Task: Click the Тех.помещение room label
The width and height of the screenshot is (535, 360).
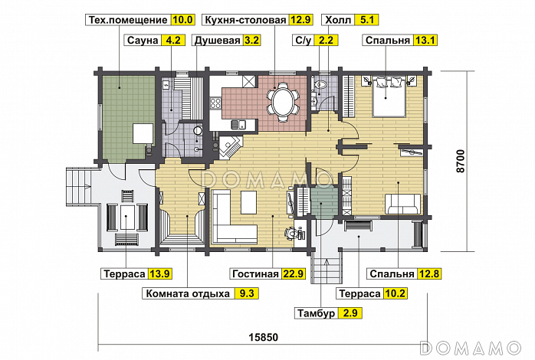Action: click(x=128, y=20)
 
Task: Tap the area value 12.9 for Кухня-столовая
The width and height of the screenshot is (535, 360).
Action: click(x=300, y=20)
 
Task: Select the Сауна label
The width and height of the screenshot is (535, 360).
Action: click(x=143, y=41)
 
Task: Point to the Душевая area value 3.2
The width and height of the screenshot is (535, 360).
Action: click(x=252, y=41)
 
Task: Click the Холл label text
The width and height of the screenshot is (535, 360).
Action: click(x=338, y=20)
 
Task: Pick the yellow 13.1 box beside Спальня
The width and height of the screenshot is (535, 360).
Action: click(x=425, y=41)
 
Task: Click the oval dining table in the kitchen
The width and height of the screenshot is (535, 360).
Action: click(x=283, y=101)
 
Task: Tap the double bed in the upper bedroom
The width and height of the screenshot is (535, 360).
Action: click(x=389, y=97)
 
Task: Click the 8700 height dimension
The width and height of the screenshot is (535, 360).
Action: click(x=461, y=161)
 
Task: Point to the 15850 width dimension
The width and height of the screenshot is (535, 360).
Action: click(x=263, y=337)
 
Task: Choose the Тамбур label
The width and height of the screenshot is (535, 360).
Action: click(x=317, y=313)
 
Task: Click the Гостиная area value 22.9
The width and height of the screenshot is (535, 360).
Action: click(x=293, y=273)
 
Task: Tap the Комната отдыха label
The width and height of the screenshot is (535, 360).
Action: click(x=188, y=293)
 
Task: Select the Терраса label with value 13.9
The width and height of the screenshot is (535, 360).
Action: click(x=124, y=273)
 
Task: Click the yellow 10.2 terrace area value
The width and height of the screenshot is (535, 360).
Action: click(x=395, y=293)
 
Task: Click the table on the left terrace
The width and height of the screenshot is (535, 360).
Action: click(x=127, y=217)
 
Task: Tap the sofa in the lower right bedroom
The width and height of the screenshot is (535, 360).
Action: click(x=402, y=204)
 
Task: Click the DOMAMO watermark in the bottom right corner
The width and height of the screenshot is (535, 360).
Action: click(x=471, y=348)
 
